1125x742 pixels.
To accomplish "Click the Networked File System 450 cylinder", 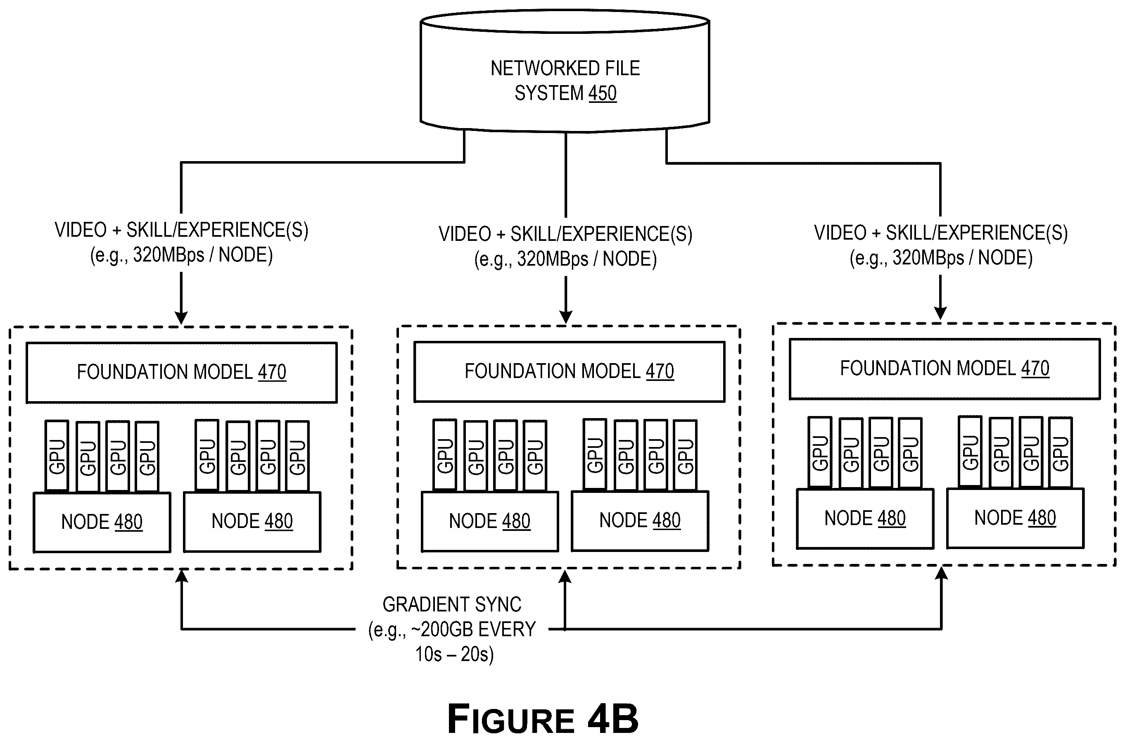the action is [x=565, y=71].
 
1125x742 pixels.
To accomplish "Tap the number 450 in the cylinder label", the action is [x=602, y=93].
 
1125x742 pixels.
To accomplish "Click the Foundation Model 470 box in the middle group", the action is [x=569, y=372].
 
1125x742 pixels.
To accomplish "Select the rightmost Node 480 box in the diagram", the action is [x=1015, y=518].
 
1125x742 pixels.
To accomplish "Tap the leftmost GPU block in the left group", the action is [x=57, y=456].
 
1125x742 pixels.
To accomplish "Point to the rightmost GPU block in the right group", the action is [x=1060, y=452].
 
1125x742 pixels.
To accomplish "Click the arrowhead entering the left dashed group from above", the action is [x=181, y=318].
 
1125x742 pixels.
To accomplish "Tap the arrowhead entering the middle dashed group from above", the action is [x=566, y=317].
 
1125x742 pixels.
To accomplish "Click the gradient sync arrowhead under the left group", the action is [x=181, y=576].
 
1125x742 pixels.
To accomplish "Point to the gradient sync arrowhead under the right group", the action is [x=942, y=573].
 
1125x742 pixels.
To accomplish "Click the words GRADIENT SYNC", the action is [x=452, y=605].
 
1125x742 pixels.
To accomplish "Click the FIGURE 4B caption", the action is [x=543, y=719].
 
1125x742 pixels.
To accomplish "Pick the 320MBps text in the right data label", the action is [x=928, y=258].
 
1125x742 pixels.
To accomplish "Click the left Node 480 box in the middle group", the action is [x=490, y=521].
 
